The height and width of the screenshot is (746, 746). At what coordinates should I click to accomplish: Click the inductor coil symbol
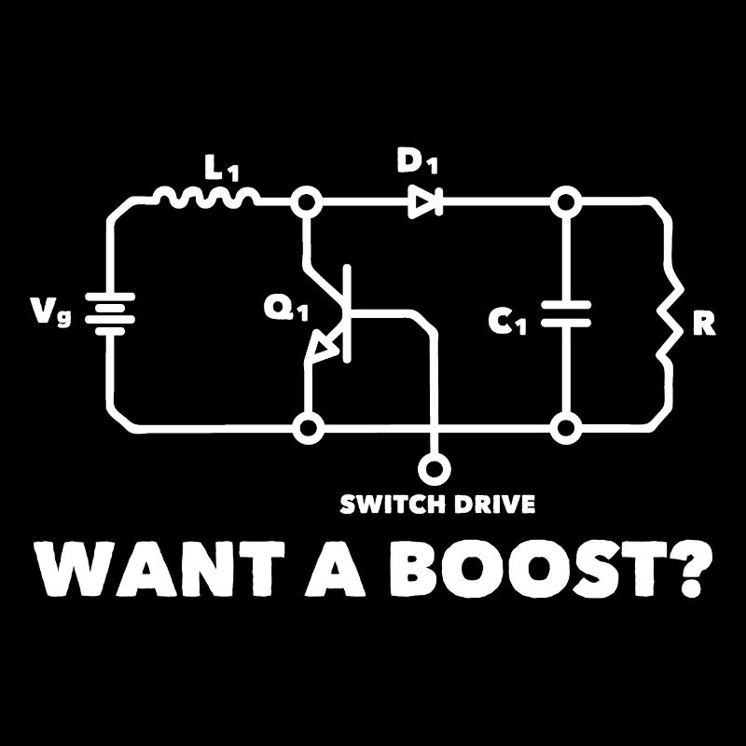pyautogui.click(x=206, y=197)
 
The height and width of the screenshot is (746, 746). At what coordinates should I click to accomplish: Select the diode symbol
pyautogui.click(x=425, y=200)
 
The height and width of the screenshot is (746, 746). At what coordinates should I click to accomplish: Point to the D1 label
pyautogui.click(x=417, y=162)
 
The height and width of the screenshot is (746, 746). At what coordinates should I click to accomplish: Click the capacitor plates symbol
pyautogui.click(x=564, y=313)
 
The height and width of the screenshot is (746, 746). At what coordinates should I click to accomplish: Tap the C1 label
pyautogui.click(x=508, y=322)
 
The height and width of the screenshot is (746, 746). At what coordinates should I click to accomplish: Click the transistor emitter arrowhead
pyautogui.click(x=324, y=349)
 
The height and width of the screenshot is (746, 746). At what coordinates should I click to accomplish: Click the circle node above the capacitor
pyautogui.click(x=564, y=201)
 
